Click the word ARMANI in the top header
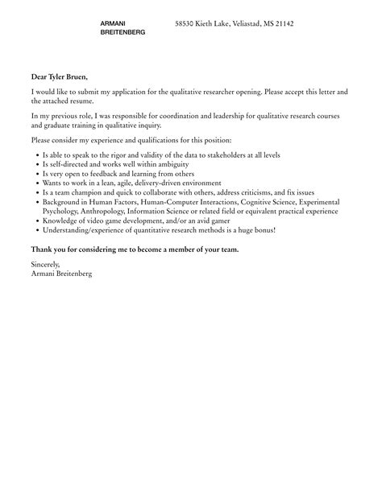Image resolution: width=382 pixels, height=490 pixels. point(112,23)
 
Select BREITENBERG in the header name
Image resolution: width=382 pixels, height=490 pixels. point(122,32)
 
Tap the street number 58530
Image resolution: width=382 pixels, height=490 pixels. point(187,24)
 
